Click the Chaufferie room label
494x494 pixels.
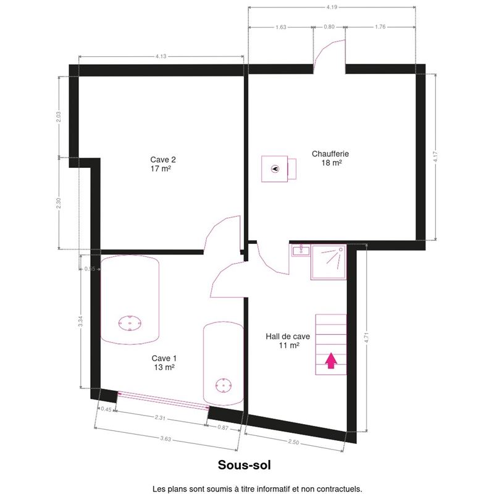coord(330,158)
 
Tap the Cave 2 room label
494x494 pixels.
coord(162,164)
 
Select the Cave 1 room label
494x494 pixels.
coord(164,362)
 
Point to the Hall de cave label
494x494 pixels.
coord(288,341)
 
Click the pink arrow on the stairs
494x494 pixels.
coord(331,361)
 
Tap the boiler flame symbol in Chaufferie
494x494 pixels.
coord(275,169)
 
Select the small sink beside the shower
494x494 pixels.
coord(301,251)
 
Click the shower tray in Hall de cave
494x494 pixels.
coord(329,262)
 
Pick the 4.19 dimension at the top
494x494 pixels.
coord(332,7)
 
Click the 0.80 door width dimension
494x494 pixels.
coord(329,27)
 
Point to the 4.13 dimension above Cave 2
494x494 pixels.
coord(161,56)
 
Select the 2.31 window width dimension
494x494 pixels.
coord(160,418)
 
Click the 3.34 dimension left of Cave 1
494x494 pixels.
coord(81,321)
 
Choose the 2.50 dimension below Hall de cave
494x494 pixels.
coord(293,442)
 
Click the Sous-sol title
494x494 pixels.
coord(244,465)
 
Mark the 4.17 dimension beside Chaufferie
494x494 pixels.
coord(435,157)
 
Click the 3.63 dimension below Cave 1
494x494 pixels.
coord(165,438)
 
